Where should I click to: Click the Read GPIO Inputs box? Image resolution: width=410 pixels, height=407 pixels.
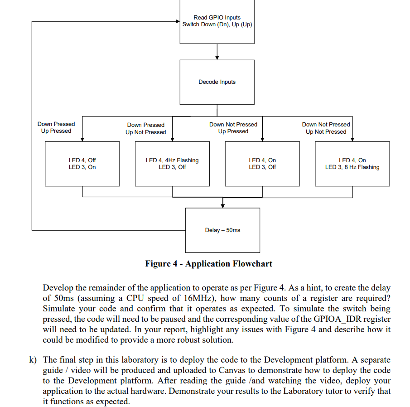point(217,21)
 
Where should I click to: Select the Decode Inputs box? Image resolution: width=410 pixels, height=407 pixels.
point(217,82)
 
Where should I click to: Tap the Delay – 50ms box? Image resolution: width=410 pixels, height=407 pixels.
point(222,230)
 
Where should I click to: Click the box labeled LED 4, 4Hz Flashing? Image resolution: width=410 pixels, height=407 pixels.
point(172,164)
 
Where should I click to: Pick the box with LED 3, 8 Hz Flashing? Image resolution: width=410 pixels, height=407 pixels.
point(352,164)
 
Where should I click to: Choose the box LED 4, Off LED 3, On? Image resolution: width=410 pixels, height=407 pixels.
point(82,164)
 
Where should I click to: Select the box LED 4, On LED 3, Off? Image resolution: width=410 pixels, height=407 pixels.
point(262,164)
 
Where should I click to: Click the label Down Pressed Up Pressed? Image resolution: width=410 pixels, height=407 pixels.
point(56,127)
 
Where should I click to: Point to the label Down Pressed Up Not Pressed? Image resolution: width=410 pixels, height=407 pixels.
point(145,128)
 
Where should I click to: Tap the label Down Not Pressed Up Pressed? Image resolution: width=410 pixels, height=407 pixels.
point(233,128)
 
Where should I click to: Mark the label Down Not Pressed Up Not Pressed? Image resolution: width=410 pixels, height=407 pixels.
point(326,128)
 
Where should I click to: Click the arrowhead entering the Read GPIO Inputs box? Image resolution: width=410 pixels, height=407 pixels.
point(177,21)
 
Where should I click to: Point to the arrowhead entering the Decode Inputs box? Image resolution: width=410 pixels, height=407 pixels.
point(217,58)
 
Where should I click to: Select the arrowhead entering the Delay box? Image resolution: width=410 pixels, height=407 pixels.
point(222,205)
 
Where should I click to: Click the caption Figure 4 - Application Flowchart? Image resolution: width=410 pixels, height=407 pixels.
point(208,264)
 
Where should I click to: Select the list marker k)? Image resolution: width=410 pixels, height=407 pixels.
point(32,360)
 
